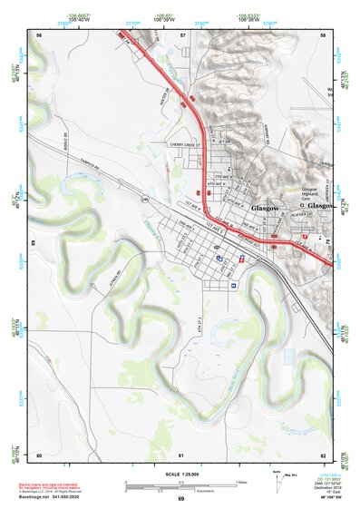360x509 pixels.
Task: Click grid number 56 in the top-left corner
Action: coord(39,34)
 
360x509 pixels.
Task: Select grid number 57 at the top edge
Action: coord(182,34)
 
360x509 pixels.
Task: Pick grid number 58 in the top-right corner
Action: coord(323,34)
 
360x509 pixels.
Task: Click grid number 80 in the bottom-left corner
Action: coord(39,455)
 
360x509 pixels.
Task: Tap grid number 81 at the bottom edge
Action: coord(181,455)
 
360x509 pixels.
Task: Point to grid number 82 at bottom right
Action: coord(323,455)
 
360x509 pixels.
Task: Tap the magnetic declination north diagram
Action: coord(277,482)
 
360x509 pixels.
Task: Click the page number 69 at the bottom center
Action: coord(180,499)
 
